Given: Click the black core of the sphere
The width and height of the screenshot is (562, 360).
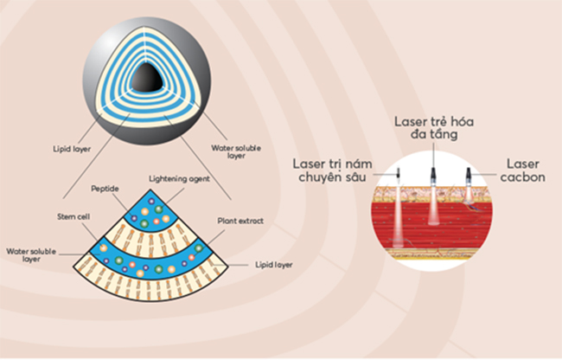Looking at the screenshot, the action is [x=147, y=78].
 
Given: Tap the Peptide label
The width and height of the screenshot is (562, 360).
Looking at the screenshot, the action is [x=105, y=189].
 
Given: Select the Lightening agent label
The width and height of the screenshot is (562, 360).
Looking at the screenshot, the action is [x=179, y=179].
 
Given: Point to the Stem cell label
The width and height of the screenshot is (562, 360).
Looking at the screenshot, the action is [x=73, y=216].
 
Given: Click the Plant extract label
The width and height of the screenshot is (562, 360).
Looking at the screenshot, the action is [x=240, y=221].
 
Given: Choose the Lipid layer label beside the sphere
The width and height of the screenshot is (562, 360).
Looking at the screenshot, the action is [x=72, y=149].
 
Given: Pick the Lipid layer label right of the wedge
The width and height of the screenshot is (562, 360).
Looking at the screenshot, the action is [x=274, y=265].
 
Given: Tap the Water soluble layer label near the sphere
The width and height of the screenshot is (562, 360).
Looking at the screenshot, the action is [x=236, y=151].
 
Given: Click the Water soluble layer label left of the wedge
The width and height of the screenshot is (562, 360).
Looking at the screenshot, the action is [x=31, y=255].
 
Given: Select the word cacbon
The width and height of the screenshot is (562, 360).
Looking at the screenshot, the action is [x=522, y=177].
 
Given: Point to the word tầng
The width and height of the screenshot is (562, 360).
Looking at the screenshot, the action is [x=444, y=134].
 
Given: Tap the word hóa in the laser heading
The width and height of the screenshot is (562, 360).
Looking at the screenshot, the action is [x=461, y=121].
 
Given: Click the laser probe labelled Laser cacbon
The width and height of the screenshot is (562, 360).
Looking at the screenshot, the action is [x=468, y=175].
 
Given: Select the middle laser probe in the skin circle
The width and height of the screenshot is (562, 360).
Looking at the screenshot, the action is [x=433, y=175].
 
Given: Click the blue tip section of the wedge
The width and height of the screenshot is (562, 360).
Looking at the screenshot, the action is [x=151, y=211].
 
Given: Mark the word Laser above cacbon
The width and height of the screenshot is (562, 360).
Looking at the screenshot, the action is [x=522, y=164].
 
